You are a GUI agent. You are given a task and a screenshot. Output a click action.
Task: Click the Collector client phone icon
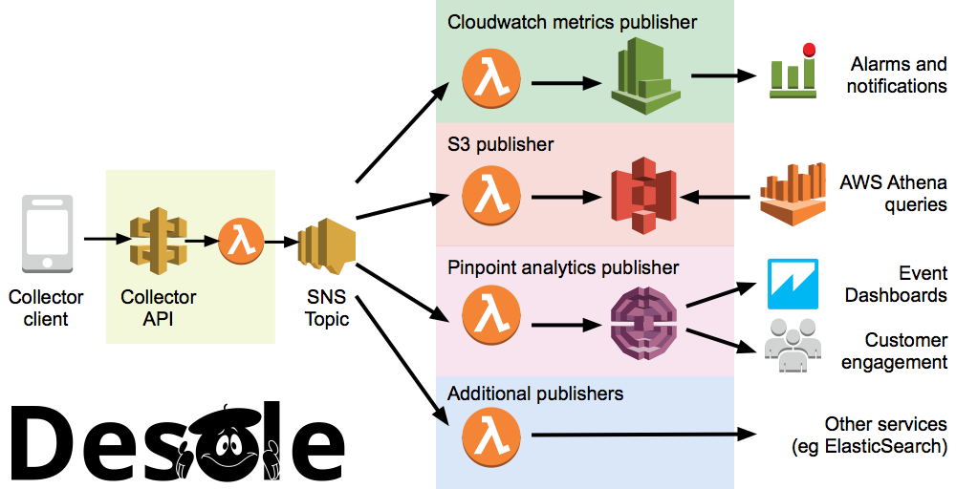point(45,234)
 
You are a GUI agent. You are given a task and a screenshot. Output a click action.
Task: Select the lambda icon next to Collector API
point(239,240)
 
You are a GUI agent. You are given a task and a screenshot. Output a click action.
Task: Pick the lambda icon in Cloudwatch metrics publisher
point(491,80)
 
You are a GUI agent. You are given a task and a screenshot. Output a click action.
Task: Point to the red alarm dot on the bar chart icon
point(809,49)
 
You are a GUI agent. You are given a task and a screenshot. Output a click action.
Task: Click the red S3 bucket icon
point(643,198)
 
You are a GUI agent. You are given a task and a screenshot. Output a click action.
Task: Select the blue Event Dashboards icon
point(793,283)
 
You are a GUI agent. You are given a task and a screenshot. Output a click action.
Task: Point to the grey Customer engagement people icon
point(793,346)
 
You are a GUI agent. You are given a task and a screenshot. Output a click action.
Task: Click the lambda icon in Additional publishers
point(491,435)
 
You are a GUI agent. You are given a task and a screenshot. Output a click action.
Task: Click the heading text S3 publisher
point(501,145)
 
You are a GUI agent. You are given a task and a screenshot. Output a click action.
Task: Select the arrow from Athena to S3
point(718,198)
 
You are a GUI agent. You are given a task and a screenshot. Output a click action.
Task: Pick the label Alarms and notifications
point(898,75)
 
